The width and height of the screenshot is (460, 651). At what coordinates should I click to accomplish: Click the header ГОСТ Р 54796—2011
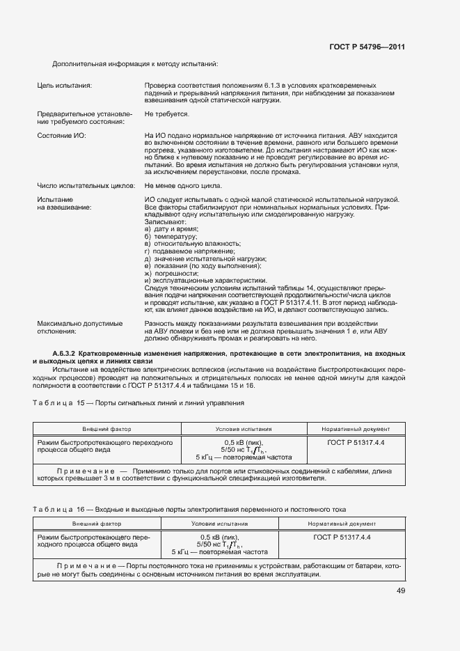(366, 47)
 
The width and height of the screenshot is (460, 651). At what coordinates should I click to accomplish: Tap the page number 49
(401, 590)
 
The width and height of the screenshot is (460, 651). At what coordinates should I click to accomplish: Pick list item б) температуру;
(171, 237)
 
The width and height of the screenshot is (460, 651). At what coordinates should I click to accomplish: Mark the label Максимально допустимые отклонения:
(79, 327)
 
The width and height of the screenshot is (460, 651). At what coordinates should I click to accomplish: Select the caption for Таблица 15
(138, 404)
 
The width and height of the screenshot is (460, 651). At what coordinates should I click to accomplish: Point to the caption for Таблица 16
(189, 510)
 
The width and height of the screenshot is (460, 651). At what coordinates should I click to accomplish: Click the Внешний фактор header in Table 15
(107, 429)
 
